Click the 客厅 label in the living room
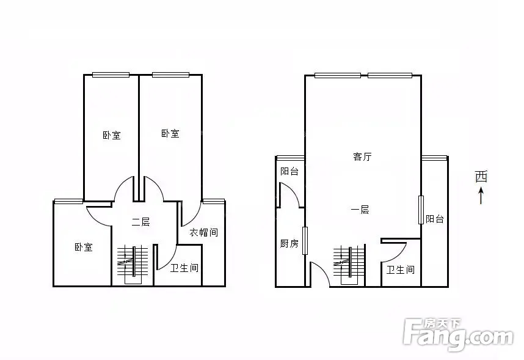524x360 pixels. [362, 156]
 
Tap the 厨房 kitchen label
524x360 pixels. [289, 243]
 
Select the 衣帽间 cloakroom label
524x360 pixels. [203, 232]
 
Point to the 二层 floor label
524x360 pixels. [140, 222]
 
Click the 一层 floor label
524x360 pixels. [360, 210]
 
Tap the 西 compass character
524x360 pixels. [481, 177]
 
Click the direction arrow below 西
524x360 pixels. [481, 196]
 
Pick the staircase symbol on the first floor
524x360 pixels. [349, 265]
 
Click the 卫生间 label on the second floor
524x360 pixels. [184, 268]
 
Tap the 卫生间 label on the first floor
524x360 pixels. [401, 270]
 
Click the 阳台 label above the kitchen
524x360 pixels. [289, 172]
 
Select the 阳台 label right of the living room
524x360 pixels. [435, 219]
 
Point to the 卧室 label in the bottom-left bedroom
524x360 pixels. [83, 248]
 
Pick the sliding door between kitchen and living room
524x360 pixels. [305, 241]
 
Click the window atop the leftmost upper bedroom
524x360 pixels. [111, 75]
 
